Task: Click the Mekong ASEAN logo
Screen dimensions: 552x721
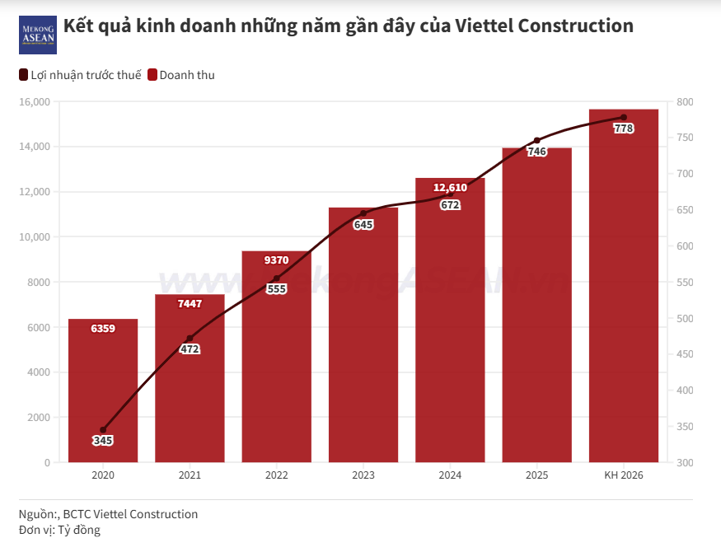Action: tap(37, 35)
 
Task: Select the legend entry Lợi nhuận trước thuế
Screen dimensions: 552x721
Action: tap(80, 75)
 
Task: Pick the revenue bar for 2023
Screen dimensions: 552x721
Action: tap(363, 346)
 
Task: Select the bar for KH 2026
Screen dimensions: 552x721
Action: tap(624, 288)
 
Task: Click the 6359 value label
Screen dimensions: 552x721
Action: tap(103, 329)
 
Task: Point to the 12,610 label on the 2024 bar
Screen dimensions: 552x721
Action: tap(450, 188)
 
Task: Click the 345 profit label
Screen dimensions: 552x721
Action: tap(103, 441)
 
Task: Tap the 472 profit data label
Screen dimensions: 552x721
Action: tap(190, 349)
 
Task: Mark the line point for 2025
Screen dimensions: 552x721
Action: tap(537, 140)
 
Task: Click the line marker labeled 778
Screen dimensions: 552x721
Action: tap(624, 117)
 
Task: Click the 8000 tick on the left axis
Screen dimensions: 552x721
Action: tap(39, 283)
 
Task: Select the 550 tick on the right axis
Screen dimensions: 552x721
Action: tap(685, 283)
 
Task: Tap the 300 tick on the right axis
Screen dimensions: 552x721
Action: tap(685, 463)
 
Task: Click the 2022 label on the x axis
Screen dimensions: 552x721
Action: tap(277, 475)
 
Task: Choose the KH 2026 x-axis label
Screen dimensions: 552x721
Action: tap(624, 475)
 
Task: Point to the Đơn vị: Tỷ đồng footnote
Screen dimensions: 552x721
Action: tap(59, 531)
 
